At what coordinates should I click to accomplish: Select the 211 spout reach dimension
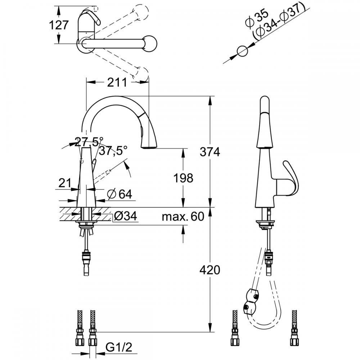tap(117, 82)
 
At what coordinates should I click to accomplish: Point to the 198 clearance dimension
tap(183, 177)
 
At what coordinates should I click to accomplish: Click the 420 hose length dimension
tap(210, 269)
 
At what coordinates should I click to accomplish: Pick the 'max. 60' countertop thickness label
tap(183, 216)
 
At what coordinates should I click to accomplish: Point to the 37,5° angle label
tap(114, 151)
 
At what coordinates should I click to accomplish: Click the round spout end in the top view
tap(149, 44)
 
